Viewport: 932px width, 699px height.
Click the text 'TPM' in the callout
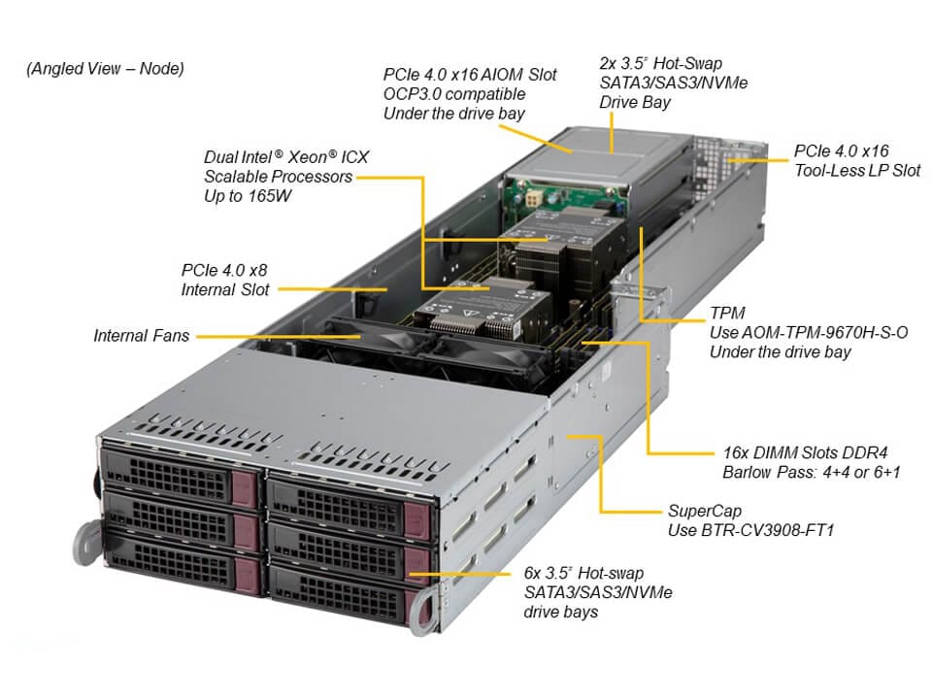click(728, 313)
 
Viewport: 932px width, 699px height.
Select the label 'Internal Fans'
click(142, 336)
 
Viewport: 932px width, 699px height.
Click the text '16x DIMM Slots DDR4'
click(805, 452)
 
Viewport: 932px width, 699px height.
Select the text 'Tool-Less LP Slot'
click(857, 171)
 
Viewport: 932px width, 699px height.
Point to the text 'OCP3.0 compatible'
click(454, 94)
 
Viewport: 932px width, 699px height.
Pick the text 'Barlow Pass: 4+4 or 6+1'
click(812, 473)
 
